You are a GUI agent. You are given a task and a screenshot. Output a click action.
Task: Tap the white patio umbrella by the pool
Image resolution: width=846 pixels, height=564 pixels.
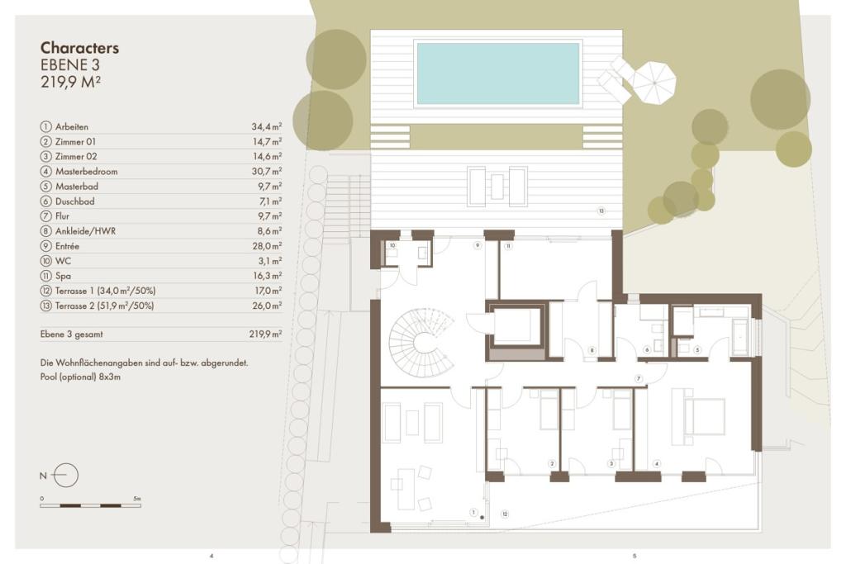[654, 83]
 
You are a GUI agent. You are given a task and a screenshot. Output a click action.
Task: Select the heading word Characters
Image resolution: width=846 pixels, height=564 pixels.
[80, 47]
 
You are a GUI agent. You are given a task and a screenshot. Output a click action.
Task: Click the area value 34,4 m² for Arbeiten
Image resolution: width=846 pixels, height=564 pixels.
[267, 126]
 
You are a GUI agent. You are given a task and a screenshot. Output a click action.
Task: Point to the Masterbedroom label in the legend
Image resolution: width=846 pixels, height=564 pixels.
[86, 172]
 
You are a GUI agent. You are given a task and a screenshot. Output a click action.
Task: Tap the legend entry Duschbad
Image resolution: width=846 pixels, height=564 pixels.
[75, 201]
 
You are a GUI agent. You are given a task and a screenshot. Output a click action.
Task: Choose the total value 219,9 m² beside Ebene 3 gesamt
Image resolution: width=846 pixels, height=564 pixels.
[265, 334]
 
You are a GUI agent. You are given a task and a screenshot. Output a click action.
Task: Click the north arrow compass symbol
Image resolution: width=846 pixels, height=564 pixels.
[66, 476]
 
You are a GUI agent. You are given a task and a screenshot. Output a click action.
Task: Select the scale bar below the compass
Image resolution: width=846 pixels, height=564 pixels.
[91, 505]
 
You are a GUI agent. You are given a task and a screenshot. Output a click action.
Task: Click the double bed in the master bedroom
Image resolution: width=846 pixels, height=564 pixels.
[704, 416]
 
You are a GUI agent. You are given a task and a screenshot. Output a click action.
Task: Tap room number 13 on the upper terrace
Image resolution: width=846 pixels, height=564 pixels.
[601, 211]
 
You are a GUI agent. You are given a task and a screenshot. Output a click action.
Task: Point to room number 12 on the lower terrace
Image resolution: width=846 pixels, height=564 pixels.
[505, 514]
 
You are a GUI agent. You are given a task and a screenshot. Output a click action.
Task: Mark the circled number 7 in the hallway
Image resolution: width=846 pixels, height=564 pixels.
[639, 378]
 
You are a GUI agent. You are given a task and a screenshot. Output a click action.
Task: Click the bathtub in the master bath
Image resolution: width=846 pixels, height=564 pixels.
[740, 337]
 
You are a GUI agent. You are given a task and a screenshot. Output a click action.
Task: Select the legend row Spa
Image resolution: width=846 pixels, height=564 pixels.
[161, 276]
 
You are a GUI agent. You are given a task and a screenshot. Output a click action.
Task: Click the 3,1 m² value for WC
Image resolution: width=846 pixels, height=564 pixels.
[270, 261]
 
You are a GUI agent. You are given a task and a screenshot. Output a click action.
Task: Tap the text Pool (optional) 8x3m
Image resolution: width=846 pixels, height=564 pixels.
[80, 377]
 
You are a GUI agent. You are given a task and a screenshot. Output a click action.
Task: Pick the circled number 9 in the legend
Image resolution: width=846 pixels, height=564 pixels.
[46, 246]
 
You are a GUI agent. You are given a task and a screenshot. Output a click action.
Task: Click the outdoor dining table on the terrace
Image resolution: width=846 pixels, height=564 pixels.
[497, 187]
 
